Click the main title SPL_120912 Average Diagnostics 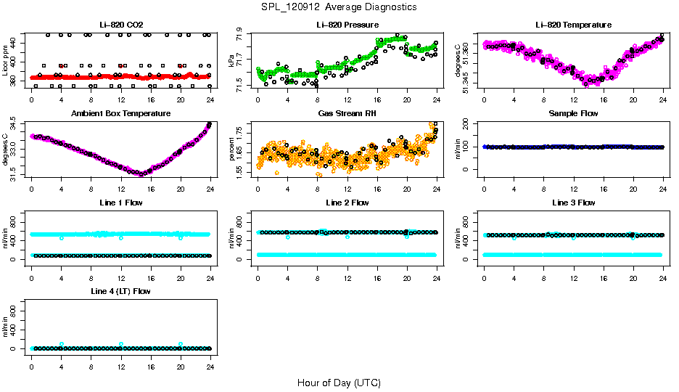pos(339,7)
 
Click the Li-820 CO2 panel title pos(121,25)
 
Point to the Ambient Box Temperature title pos(121,114)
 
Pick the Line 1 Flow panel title pos(121,203)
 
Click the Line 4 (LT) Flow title pos(121,291)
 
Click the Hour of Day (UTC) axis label pos(339,383)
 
